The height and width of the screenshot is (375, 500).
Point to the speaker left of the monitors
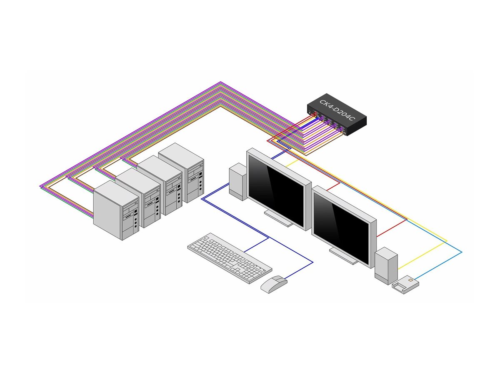(238, 181)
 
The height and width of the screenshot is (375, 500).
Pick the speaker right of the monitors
(386, 265)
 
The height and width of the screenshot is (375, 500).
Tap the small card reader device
(405, 285)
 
